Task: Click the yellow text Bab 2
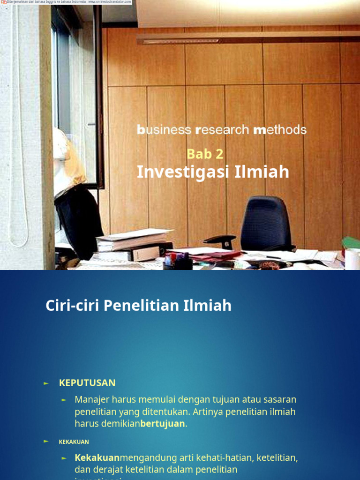click(x=205, y=154)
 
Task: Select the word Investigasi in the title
click(x=176, y=172)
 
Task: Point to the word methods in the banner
click(x=280, y=130)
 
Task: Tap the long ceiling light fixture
click(x=244, y=38)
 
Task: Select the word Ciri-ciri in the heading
click(x=72, y=306)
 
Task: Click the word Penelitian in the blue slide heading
click(x=142, y=306)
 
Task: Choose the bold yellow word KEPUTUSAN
click(x=87, y=383)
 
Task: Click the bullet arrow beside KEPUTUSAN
click(x=46, y=383)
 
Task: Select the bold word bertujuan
click(x=163, y=424)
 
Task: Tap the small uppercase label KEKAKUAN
click(x=74, y=442)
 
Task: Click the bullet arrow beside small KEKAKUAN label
click(x=46, y=442)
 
